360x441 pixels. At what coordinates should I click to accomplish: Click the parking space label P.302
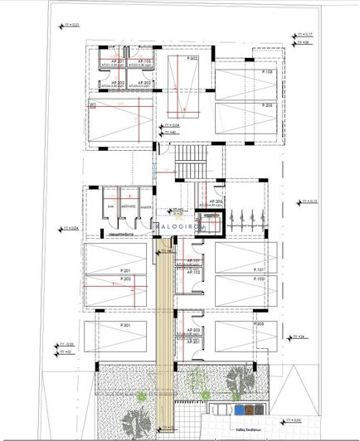coord(192,59)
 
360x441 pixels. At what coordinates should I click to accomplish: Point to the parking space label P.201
coord(125,270)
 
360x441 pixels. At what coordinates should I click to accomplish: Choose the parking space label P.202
coord(125,280)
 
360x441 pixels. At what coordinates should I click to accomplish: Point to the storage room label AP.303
coord(192,331)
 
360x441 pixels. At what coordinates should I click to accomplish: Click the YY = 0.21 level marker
coord(71,25)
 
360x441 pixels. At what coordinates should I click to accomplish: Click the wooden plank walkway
coord(165,332)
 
